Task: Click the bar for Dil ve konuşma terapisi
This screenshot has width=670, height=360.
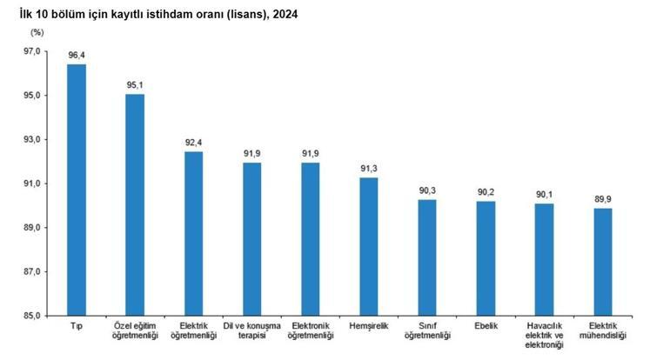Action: click(x=251, y=239)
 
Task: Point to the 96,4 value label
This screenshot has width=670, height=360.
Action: click(x=77, y=55)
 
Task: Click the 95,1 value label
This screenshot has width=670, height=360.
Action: click(x=135, y=84)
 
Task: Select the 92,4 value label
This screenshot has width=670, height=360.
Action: click(x=193, y=143)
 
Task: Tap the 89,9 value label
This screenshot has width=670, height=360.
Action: click(x=603, y=199)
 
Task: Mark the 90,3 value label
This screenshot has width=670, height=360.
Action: click(x=427, y=190)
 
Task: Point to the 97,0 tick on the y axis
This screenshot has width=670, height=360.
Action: click(x=32, y=51)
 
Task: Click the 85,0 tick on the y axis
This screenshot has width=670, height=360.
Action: click(x=32, y=316)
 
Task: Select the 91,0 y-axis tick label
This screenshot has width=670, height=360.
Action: click(x=32, y=183)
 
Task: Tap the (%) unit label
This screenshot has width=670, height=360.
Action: click(x=36, y=32)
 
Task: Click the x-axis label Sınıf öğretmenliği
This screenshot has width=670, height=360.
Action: click(x=427, y=330)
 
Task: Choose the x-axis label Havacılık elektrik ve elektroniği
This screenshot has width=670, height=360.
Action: click(x=545, y=336)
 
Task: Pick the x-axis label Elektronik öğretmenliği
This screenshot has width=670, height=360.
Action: click(x=310, y=330)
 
